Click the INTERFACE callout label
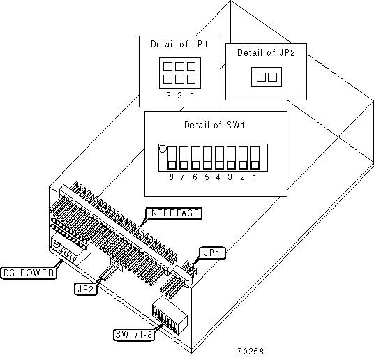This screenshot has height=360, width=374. (x=174, y=213)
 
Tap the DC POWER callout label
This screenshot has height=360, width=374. (x=29, y=273)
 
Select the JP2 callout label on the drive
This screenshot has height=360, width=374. (x=86, y=289)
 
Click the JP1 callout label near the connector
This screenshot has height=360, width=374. (x=211, y=253)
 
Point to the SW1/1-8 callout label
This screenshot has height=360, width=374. (x=133, y=334)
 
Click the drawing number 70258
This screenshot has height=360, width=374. (x=250, y=351)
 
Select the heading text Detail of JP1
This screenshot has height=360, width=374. (x=179, y=45)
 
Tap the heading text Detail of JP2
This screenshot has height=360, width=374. (x=266, y=52)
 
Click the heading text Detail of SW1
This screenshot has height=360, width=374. (x=214, y=125)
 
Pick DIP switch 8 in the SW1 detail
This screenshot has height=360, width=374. (x=172, y=157)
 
